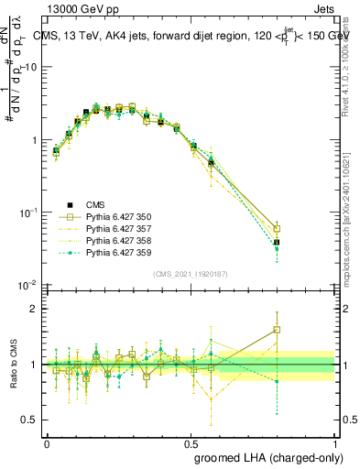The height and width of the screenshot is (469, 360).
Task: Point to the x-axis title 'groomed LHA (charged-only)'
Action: pyautogui.click(x=266, y=455)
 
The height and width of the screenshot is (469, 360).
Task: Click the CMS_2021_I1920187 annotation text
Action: pyautogui.click(x=191, y=274)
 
